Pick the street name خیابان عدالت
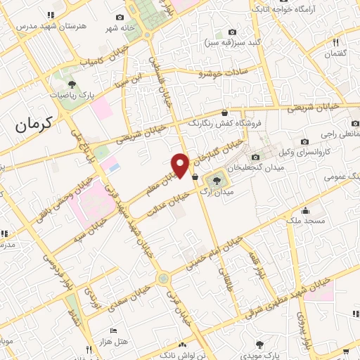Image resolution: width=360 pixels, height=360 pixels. pos(168,205)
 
